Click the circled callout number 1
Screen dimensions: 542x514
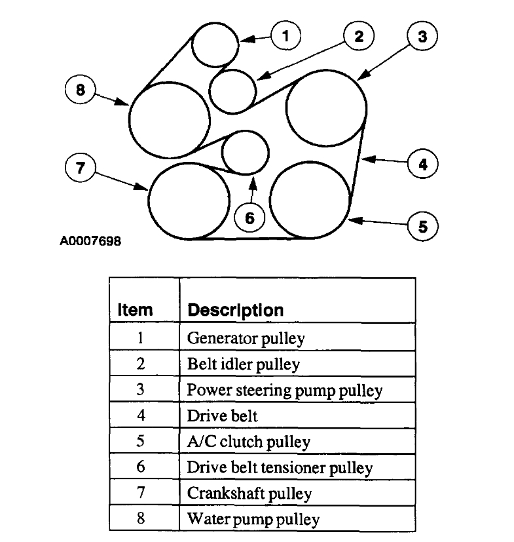pyautogui.click(x=285, y=36)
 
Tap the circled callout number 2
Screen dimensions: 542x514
pyautogui.click(x=358, y=37)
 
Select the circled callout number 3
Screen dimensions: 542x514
pyautogui.click(x=422, y=37)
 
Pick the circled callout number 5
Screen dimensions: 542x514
pyautogui.click(x=422, y=226)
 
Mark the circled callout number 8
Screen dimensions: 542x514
pyautogui.click(x=81, y=91)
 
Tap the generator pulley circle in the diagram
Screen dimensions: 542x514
pyautogui.click(x=216, y=44)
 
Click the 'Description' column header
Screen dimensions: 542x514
pyautogui.click(x=236, y=310)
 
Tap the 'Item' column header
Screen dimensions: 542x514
pyautogui.click(x=136, y=310)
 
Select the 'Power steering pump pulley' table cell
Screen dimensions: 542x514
pyautogui.click(x=285, y=391)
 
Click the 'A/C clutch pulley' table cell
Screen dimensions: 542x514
pyautogui.click(x=249, y=442)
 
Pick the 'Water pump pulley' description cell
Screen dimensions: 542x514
pyautogui.click(x=253, y=519)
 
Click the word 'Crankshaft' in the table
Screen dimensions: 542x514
pyautogui.click(x=217, y=493)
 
